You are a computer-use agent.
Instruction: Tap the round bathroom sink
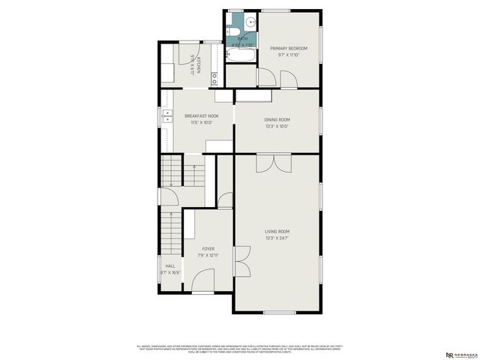point(250,22)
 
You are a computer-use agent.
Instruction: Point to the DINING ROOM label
point(277,119)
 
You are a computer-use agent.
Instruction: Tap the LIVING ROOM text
point(277,231)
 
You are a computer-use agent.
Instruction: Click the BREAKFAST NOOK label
point(202,115)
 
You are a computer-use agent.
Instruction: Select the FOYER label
point(208,248)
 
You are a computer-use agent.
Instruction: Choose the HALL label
point(170,266)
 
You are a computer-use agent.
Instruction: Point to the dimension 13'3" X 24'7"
point(277,238)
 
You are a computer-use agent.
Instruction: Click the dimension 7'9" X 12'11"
point(208,255)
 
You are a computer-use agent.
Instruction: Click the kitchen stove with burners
point(214,76)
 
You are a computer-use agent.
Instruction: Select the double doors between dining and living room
point(271,163)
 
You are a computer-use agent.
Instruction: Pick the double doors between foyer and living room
point(241,262)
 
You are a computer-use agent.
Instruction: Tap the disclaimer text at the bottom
point(240,349)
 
